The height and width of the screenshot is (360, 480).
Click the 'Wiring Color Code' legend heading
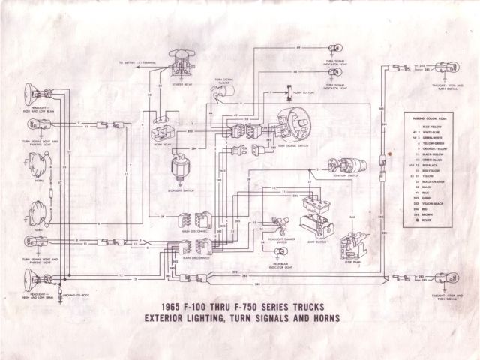[x=430, y=118]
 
